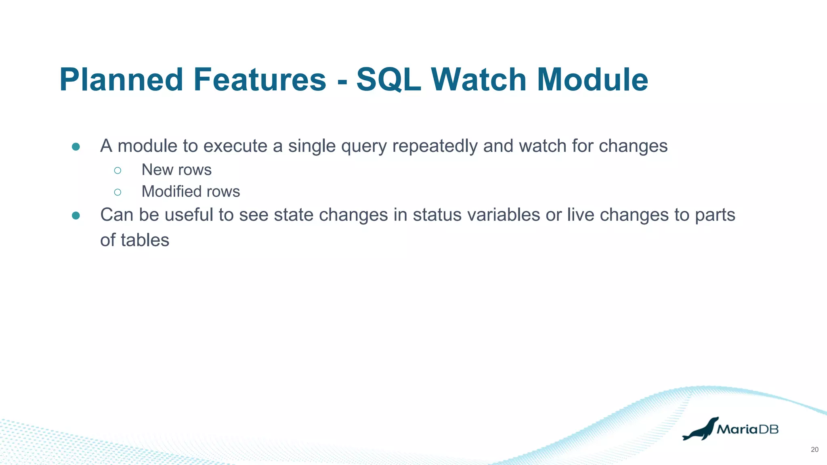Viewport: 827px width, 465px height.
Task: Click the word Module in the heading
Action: coord(592,80)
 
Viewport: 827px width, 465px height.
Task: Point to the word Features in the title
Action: coord(260,80)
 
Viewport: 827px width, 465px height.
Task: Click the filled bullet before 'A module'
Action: coord(76,147)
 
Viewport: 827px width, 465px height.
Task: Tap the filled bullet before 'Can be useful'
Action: coord(76,216)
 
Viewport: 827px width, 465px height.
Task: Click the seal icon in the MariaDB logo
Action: coord(700,429)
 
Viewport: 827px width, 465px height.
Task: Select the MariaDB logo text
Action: coord(747,429)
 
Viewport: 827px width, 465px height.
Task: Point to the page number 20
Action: coord(814,450)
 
